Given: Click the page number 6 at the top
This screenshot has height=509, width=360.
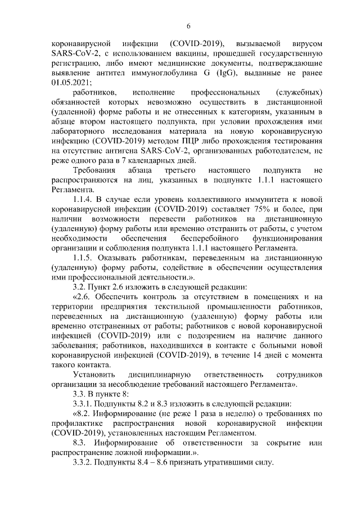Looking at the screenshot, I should [189, 26].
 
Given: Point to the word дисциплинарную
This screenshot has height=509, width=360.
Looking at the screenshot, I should [161, 375].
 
